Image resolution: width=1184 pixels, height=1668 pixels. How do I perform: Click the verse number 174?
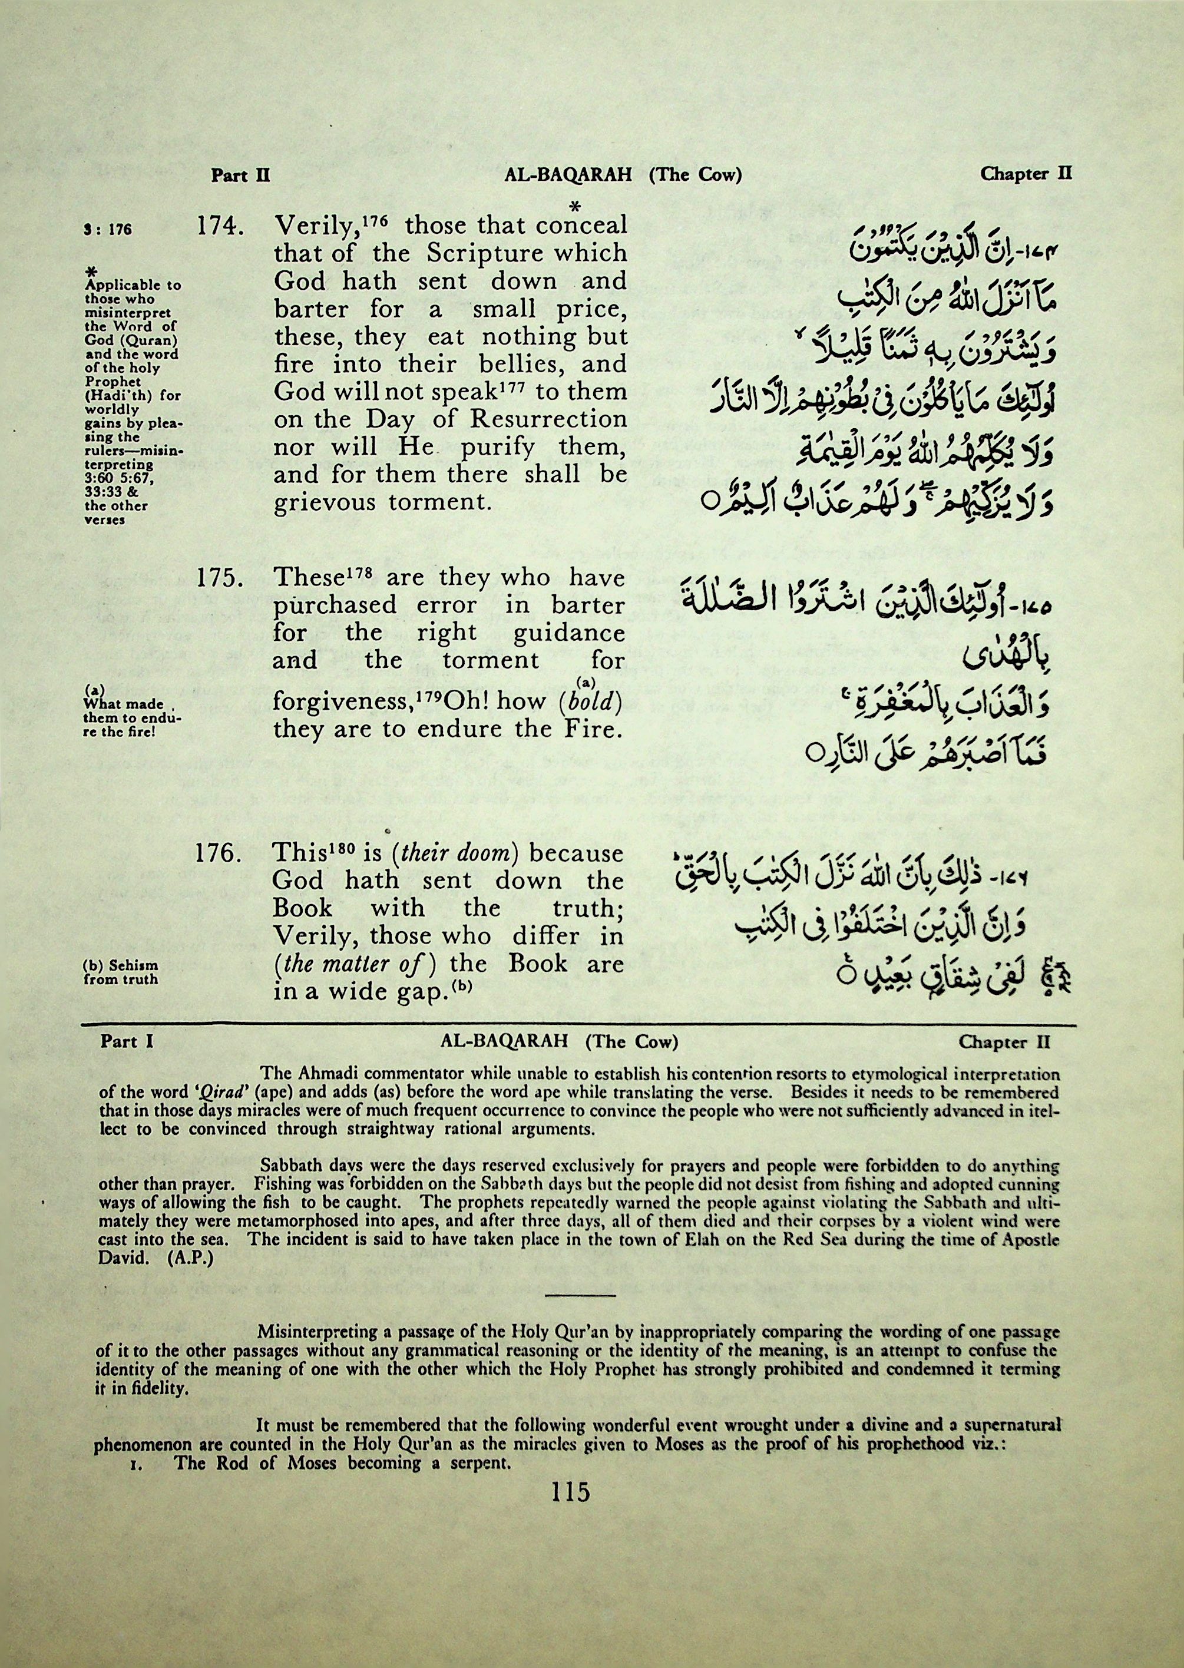[220, 227]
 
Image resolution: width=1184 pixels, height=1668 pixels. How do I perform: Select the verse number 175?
[220, 579]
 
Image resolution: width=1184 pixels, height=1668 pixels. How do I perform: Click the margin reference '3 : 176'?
[108, 230]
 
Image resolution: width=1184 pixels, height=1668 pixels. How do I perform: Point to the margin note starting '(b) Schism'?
[121, 972]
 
